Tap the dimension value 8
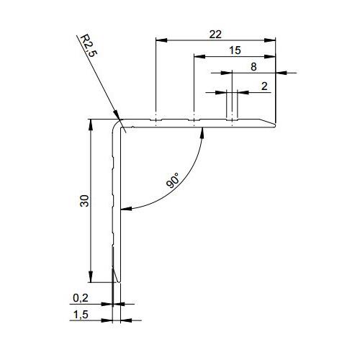tap(252, 66)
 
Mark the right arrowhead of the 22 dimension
tap(274, 39)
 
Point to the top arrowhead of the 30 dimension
tap(91, 123)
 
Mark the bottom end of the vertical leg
tap(117, 282)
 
